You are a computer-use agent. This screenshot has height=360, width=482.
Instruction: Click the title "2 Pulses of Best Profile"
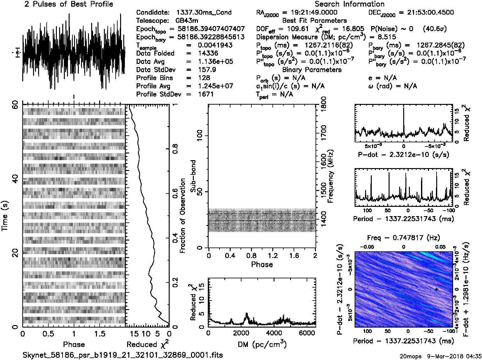69,4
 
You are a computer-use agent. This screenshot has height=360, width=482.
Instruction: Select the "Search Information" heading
349,4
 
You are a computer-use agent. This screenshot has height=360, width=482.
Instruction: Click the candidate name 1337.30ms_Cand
204,13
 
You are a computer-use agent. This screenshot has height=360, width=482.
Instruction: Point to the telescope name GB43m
187,21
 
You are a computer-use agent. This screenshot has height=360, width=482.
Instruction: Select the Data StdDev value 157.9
207,70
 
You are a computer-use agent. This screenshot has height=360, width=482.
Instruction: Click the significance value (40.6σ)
435,29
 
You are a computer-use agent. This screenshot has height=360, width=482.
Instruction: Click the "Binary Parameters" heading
312,70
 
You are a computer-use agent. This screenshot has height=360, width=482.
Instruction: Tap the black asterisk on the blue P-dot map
437,289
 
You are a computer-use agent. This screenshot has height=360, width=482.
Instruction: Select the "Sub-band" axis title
193,176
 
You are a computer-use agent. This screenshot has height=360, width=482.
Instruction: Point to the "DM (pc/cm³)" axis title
262,344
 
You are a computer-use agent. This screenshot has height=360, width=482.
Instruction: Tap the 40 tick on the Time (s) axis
15,180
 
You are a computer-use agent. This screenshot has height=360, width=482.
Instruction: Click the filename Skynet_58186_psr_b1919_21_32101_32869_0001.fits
123,355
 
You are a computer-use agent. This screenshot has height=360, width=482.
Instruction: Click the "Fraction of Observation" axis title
182,216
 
